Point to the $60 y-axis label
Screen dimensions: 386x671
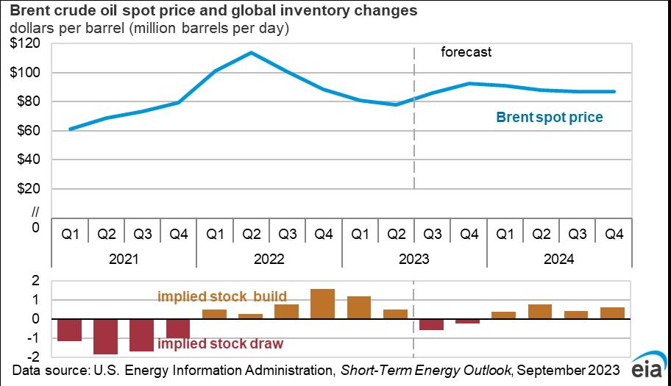(x=26, y=131)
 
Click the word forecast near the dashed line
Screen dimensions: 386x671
(x=466, y=52)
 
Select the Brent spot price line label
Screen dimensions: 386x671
(x=549, y=117)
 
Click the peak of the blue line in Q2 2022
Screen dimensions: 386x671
(x=251, y=53)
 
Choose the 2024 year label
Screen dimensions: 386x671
(x=559, y=259)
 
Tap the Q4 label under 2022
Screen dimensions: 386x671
(x=323, y=235)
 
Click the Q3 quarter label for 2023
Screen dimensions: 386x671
(x=432, y=235)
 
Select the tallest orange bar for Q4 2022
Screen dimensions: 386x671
(x=323, y=304)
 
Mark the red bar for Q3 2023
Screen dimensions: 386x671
(x=432, y=324)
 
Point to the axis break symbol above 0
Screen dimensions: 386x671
(x=33, y=212)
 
